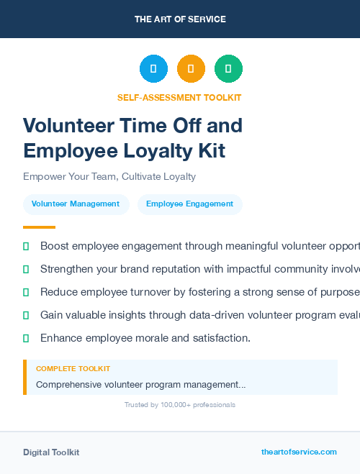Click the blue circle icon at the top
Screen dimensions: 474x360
153,68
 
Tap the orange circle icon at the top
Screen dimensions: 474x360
191,68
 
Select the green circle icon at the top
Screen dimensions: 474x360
228,68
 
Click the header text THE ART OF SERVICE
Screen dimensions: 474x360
180,19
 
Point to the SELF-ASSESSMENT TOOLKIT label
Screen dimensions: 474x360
179,98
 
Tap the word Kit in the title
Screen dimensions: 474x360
211,151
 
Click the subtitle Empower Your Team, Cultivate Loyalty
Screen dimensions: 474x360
109,176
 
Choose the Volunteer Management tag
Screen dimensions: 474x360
76,204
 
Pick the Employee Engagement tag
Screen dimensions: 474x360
189,204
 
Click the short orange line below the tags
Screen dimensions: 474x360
39,227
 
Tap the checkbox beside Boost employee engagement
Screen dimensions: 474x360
26,246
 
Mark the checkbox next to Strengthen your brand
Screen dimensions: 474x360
26,269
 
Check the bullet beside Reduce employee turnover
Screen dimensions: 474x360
26,292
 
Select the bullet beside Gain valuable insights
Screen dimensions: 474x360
26,315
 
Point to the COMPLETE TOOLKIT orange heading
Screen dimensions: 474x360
73,369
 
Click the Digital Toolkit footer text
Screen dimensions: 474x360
51,452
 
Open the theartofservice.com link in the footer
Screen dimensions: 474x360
299,452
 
